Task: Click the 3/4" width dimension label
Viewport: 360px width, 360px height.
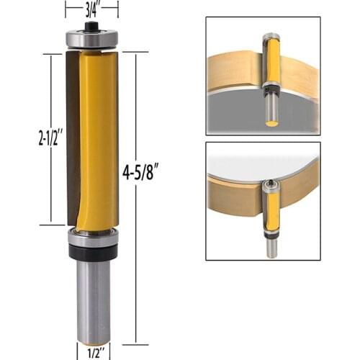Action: point(91,9)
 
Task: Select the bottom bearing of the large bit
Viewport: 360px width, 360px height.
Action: point(92,237)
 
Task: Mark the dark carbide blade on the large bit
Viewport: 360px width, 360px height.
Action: point(72,137)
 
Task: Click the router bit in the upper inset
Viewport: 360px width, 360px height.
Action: point(271,72)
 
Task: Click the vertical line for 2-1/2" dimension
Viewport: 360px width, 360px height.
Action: point(51,180)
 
